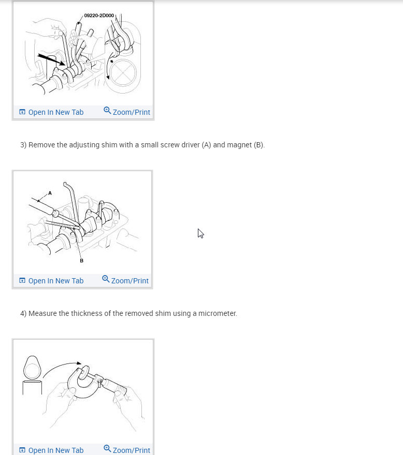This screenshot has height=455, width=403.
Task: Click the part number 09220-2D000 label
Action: click(99, 16)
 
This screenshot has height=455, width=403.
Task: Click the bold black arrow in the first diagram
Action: click(51, 59)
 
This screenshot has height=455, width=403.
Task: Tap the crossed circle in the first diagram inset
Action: click(122, 72)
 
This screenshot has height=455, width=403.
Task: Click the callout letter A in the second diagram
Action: click(50, 193)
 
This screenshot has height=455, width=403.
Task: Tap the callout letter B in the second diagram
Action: click(81, 261)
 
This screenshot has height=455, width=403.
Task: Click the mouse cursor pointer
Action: click(200, 233)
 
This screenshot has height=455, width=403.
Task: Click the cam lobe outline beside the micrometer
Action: click(32, 368)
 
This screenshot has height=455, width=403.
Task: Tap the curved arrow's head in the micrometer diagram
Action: click(78, 363)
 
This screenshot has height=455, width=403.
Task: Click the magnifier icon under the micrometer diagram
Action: click(107, 449)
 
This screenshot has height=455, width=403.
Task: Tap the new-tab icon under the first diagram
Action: click(22, 112)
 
